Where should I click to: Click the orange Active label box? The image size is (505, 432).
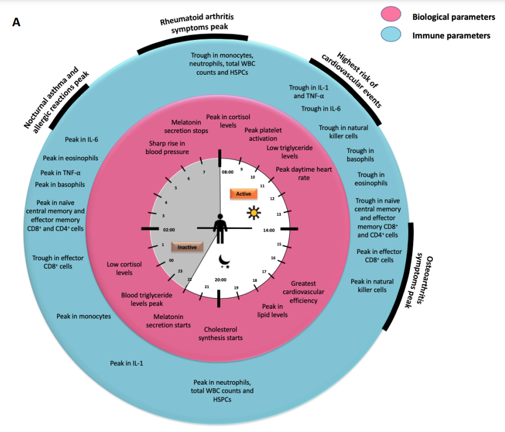point(243,194)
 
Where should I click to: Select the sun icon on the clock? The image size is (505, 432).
point(254,213)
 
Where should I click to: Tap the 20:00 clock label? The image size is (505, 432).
point(221,280)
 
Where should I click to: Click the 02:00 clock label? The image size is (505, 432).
point(169,230)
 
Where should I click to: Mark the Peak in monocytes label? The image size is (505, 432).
point(84,316)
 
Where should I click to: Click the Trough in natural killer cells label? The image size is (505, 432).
point(343,132)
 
